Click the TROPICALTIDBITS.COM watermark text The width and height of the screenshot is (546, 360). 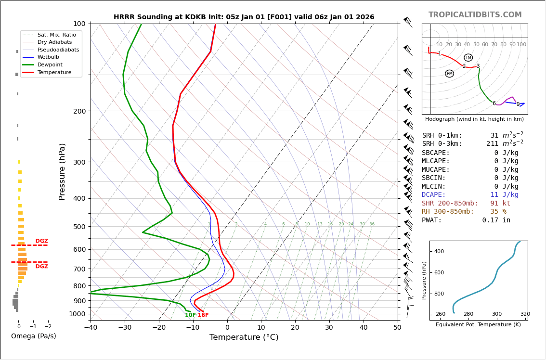point(475,15)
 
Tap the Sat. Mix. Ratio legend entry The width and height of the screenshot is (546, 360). point(56,35)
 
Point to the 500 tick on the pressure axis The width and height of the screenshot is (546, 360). point(79,227)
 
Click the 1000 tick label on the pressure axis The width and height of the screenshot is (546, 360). point(77,314)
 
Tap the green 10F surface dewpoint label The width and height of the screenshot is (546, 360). point(190,315)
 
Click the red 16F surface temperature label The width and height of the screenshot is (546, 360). point(203,315)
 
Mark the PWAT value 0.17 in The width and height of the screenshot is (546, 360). point(496,220)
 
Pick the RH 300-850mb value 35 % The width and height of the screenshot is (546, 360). point(498,212)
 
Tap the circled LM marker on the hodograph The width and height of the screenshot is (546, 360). point(468,58)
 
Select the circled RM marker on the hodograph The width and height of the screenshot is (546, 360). point(449,74)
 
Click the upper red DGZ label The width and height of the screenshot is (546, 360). point(41,241)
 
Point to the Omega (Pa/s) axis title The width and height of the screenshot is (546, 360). point(33,336)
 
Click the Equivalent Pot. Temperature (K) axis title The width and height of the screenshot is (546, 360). point(478,325)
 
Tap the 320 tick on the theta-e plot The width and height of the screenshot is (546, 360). point(525,314)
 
